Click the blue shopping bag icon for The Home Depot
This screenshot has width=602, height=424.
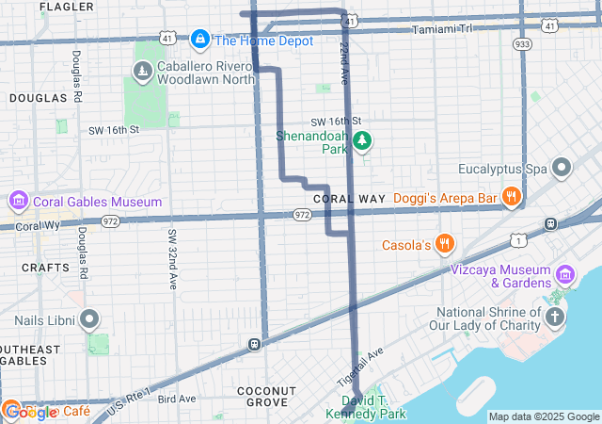pos(199,40)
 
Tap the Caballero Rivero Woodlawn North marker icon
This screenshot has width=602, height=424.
pos(142,71)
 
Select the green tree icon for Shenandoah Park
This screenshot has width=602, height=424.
pos(361,142)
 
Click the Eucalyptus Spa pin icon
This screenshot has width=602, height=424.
pos(562,170)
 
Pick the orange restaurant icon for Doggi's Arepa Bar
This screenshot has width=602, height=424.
pos(512,197)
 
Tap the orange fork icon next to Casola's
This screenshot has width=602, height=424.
pos(445,245)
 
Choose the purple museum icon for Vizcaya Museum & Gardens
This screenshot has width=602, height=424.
pos(565,274)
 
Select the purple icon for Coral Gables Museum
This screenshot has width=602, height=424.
pos(18,202)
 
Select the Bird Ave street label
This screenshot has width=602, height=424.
pos(177,399)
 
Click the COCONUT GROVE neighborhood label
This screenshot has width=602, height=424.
pos(267,396)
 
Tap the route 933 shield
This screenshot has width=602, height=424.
pos(523,44)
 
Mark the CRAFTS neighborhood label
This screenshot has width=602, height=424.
pos(45,268)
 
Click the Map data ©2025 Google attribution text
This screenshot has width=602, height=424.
pos(543,416)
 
